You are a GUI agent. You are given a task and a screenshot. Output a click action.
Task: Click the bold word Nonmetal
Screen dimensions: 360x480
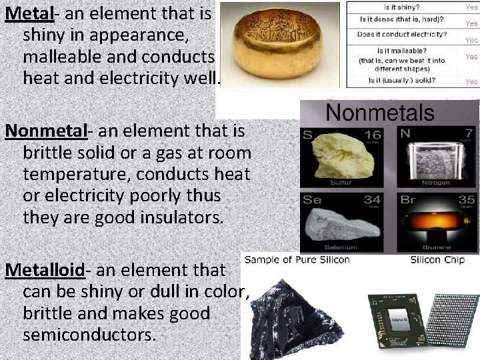[47, 131]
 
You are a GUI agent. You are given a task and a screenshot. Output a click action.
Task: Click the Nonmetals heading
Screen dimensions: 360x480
[379, 111]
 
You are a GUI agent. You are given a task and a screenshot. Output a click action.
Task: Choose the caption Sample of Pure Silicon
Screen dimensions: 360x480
[297, 259]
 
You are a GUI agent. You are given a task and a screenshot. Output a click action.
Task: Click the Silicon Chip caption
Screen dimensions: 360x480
[434, 259]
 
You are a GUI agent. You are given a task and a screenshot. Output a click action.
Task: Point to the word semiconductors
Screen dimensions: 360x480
[89, 334]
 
